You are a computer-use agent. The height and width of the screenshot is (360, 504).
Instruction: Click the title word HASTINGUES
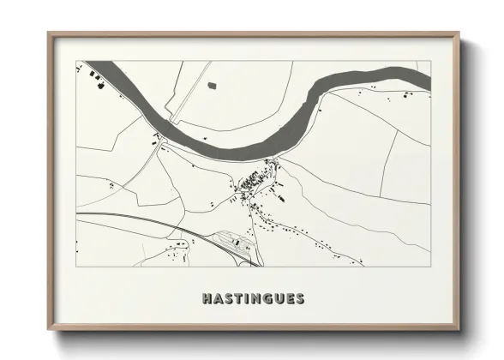tap(253, 299)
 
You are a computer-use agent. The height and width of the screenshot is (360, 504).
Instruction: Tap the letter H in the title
tap(207, 299)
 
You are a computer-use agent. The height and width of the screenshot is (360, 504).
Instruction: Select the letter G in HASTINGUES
tap(266, 299)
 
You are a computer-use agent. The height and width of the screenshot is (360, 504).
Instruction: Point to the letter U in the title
tap(277, 299)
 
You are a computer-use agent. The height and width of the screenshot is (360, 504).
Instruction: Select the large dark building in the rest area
tap(231, 244)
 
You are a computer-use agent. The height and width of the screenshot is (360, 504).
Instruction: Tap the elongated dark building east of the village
tap(279, 199)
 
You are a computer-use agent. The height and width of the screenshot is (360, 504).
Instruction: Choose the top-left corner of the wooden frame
tap(50, 34)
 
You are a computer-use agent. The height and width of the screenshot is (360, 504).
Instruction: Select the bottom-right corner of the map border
tap(429, 266)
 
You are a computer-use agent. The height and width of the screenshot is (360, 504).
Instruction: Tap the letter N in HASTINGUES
tap(255, 299)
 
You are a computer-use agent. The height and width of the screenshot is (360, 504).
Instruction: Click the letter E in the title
tap(288, 299)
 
